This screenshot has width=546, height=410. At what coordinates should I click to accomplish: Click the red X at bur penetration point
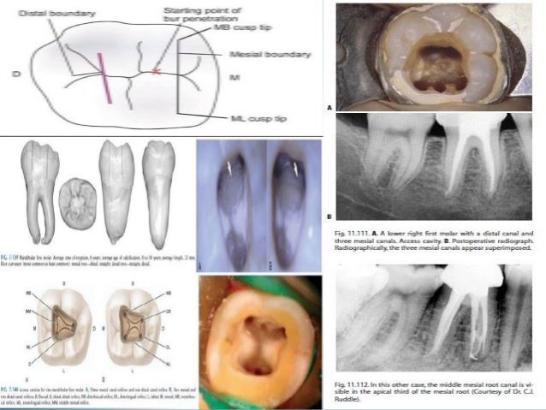(x=156, y=70)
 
